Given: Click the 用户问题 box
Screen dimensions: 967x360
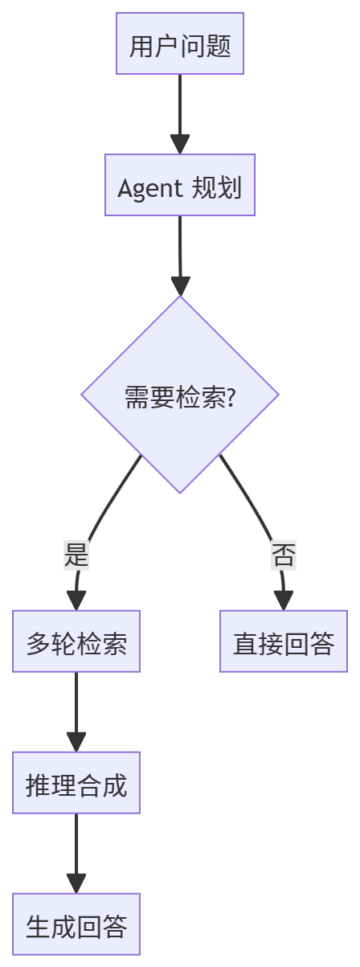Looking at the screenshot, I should click(180, 45).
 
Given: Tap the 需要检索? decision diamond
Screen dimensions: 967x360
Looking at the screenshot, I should click(180, 395).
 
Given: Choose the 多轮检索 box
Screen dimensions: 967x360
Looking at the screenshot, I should click(76, 642).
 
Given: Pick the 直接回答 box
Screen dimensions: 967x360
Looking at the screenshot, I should click(284, 642).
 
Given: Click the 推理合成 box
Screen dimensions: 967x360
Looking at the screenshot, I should click(76, 784).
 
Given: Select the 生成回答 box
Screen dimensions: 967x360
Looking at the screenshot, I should click(76, 925).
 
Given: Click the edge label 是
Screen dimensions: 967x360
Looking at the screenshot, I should click(76, 555).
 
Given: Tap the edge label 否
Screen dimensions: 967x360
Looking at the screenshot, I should click(284, 555).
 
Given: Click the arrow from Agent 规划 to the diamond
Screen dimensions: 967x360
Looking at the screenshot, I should click(180, 249).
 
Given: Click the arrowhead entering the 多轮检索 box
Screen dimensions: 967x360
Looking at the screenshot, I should click(76, 601).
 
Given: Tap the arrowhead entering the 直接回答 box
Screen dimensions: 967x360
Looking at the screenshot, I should click(284, 601).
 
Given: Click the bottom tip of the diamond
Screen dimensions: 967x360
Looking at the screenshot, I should click(180, 492).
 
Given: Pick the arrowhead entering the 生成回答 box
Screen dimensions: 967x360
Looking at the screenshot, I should click(76, 883).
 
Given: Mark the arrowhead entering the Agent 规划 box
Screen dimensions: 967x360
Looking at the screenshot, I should click(180, 145).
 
